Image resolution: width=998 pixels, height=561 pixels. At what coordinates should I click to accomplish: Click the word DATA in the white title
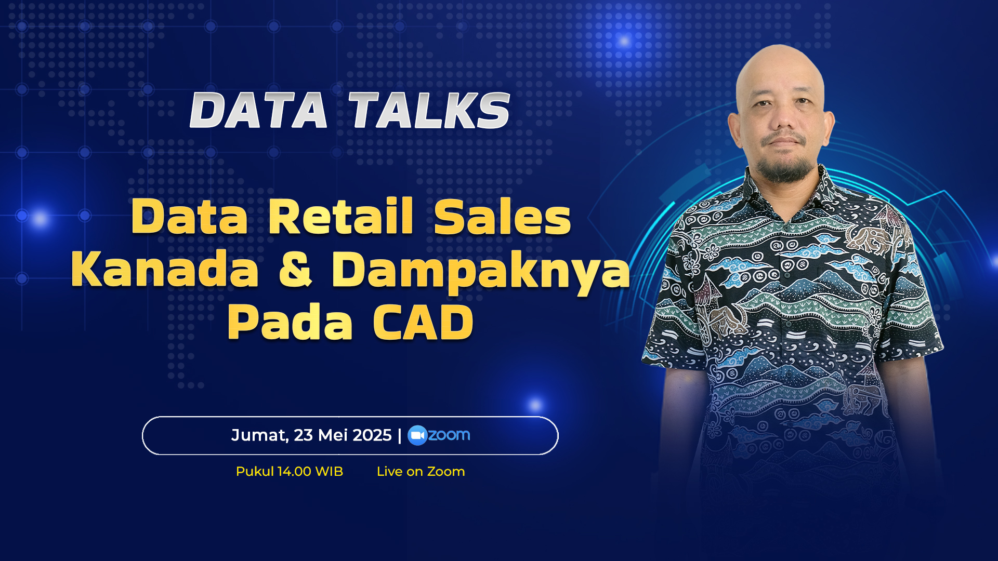click(x=259, y=110)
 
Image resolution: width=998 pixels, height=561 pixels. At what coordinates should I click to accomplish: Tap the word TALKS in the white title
click(x=429, y=110)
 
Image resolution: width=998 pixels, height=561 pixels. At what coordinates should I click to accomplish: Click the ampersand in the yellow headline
click(x=295, y=269)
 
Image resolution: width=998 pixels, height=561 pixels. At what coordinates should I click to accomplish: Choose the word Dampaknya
click(x=481, y=271)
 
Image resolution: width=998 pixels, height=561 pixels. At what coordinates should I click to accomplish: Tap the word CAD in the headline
click(x=423, y=322)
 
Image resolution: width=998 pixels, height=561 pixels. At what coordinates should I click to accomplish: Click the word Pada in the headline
click(x=290, y=322)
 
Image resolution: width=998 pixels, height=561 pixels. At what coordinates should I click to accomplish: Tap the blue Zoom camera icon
click(x=417, y=435)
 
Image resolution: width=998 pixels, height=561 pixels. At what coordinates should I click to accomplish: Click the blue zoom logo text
click(x=449, y=435)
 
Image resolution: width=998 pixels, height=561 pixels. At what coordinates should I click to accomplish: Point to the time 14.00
click(x=294, y=471)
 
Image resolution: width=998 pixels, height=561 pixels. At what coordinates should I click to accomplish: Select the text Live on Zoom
click(x=421, y=471)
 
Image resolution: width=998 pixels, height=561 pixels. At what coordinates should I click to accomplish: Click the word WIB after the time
click(x=329, y=471)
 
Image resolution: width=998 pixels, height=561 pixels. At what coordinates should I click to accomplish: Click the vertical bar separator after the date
click(x=399, y=435)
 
